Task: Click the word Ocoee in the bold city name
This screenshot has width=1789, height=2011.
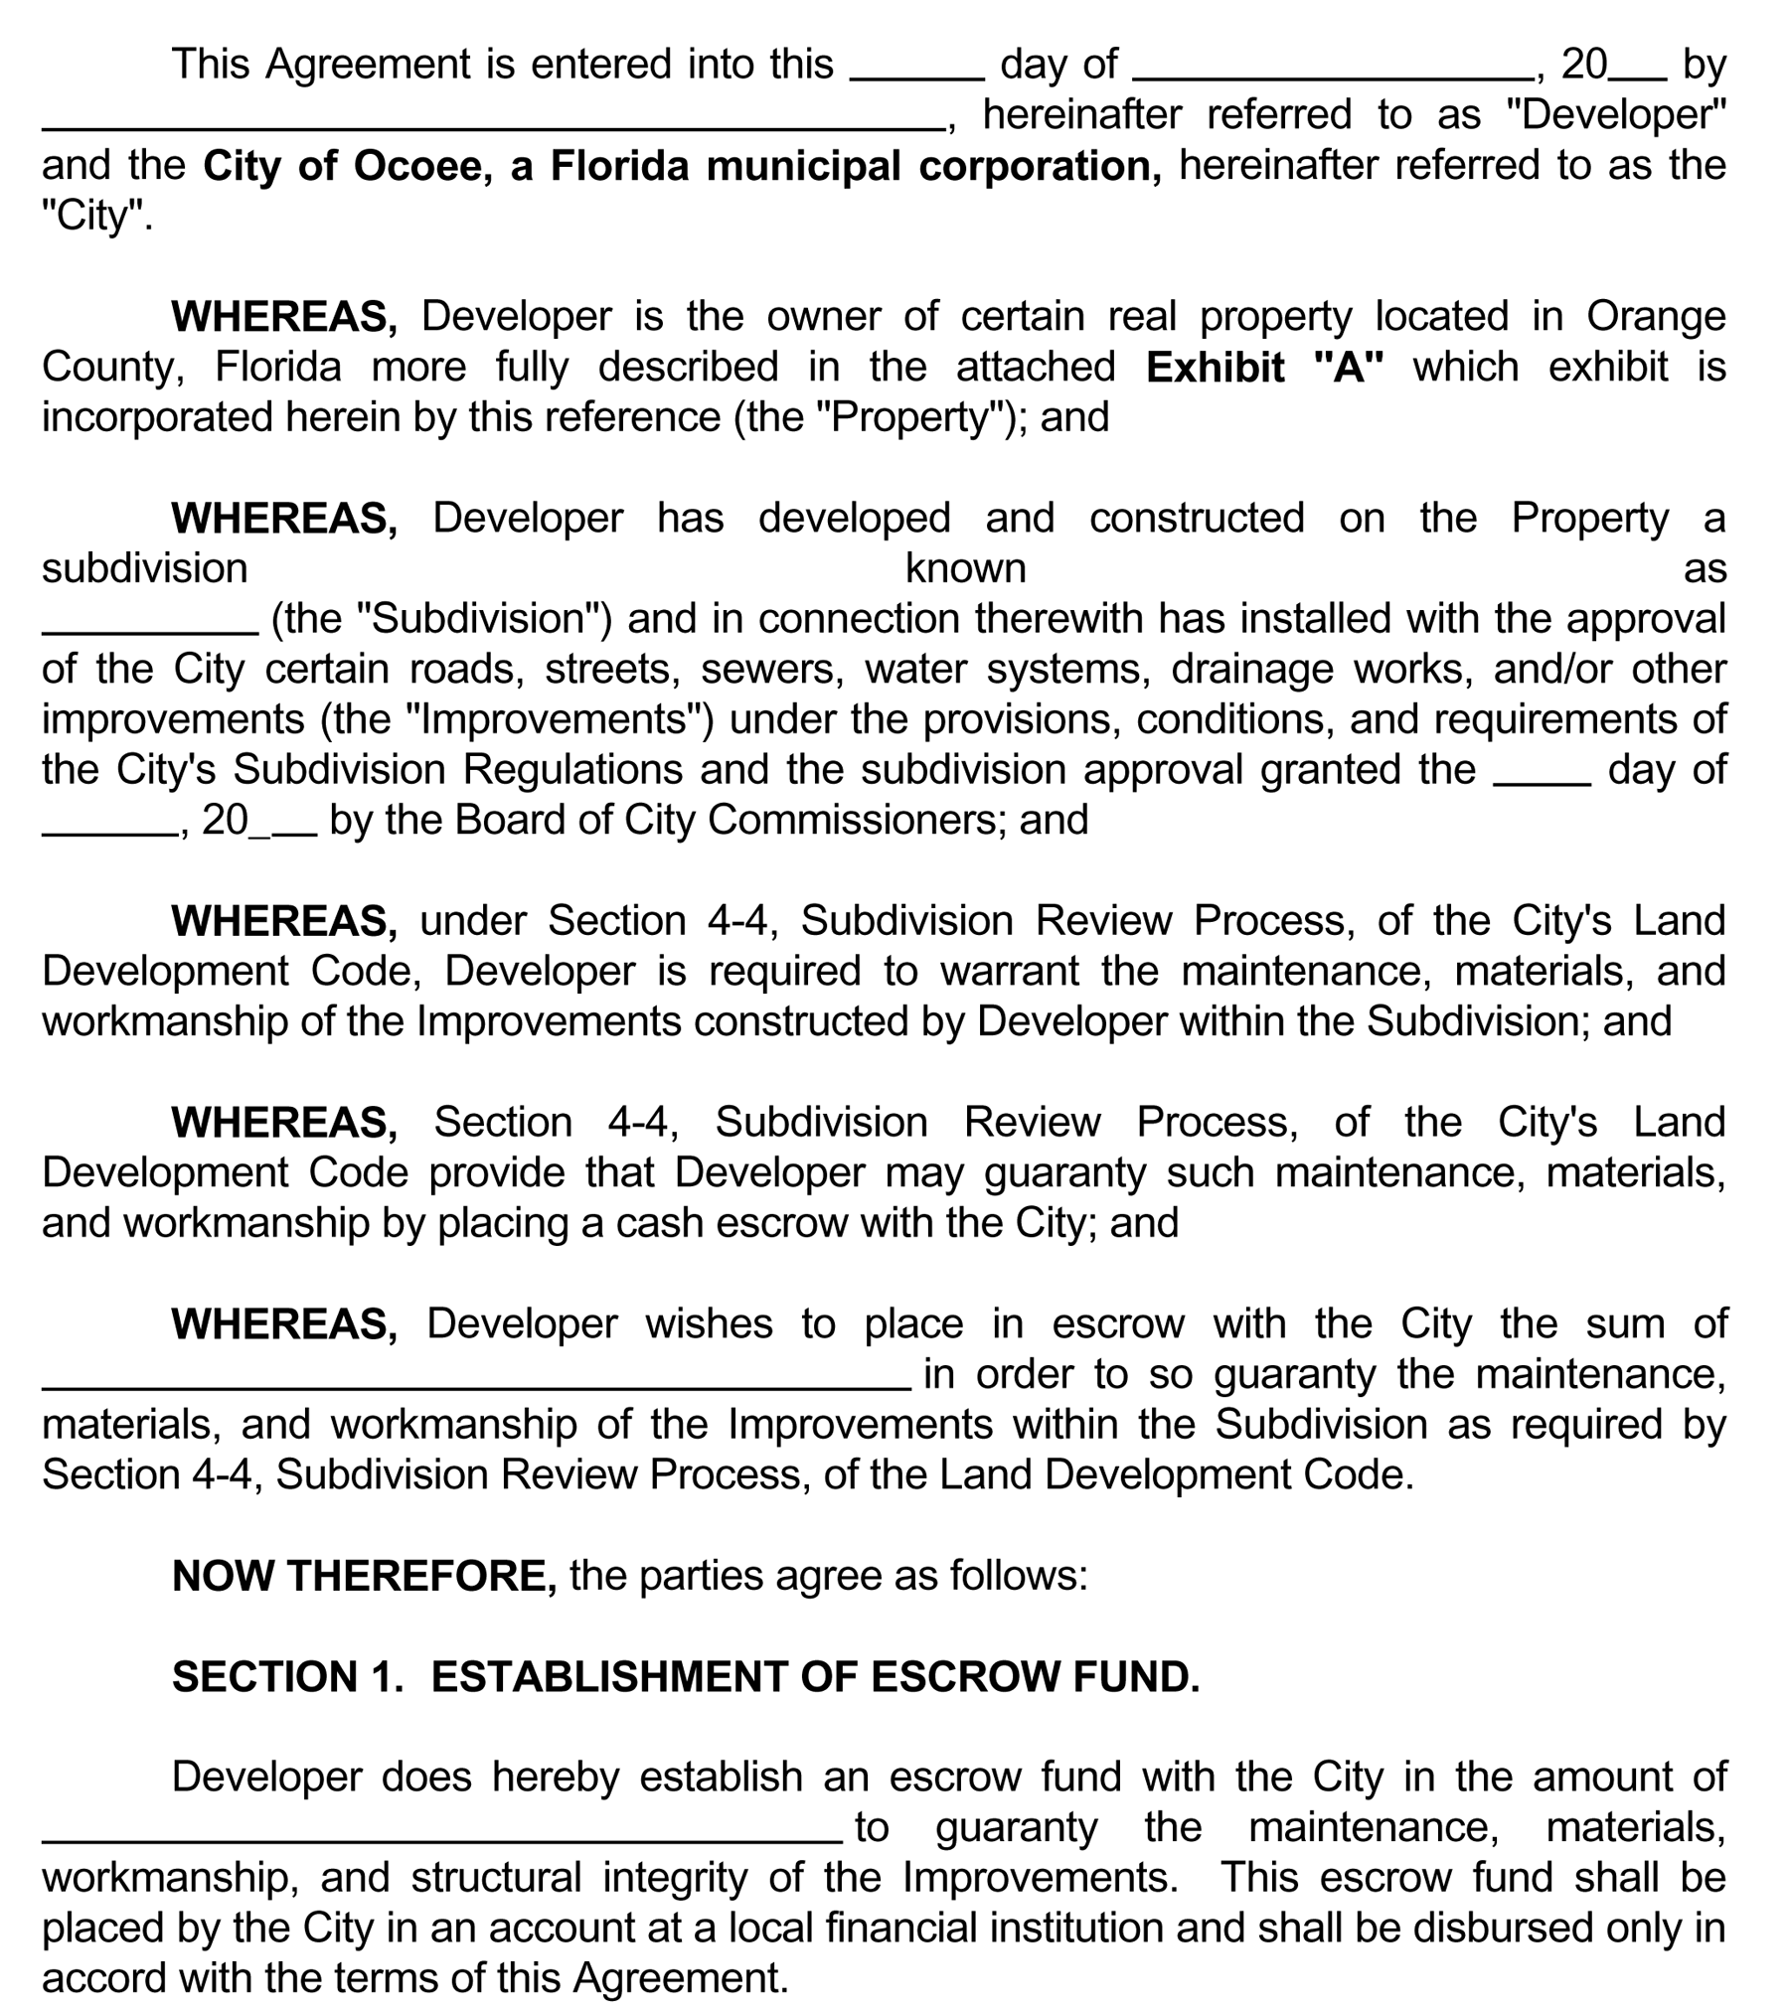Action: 417,166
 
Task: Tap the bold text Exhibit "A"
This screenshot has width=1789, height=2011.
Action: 1264,368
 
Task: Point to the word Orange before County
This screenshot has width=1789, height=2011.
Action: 1655,317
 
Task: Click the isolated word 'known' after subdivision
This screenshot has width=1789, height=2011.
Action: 965,569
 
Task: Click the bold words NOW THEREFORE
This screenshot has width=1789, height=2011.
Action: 364,1577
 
